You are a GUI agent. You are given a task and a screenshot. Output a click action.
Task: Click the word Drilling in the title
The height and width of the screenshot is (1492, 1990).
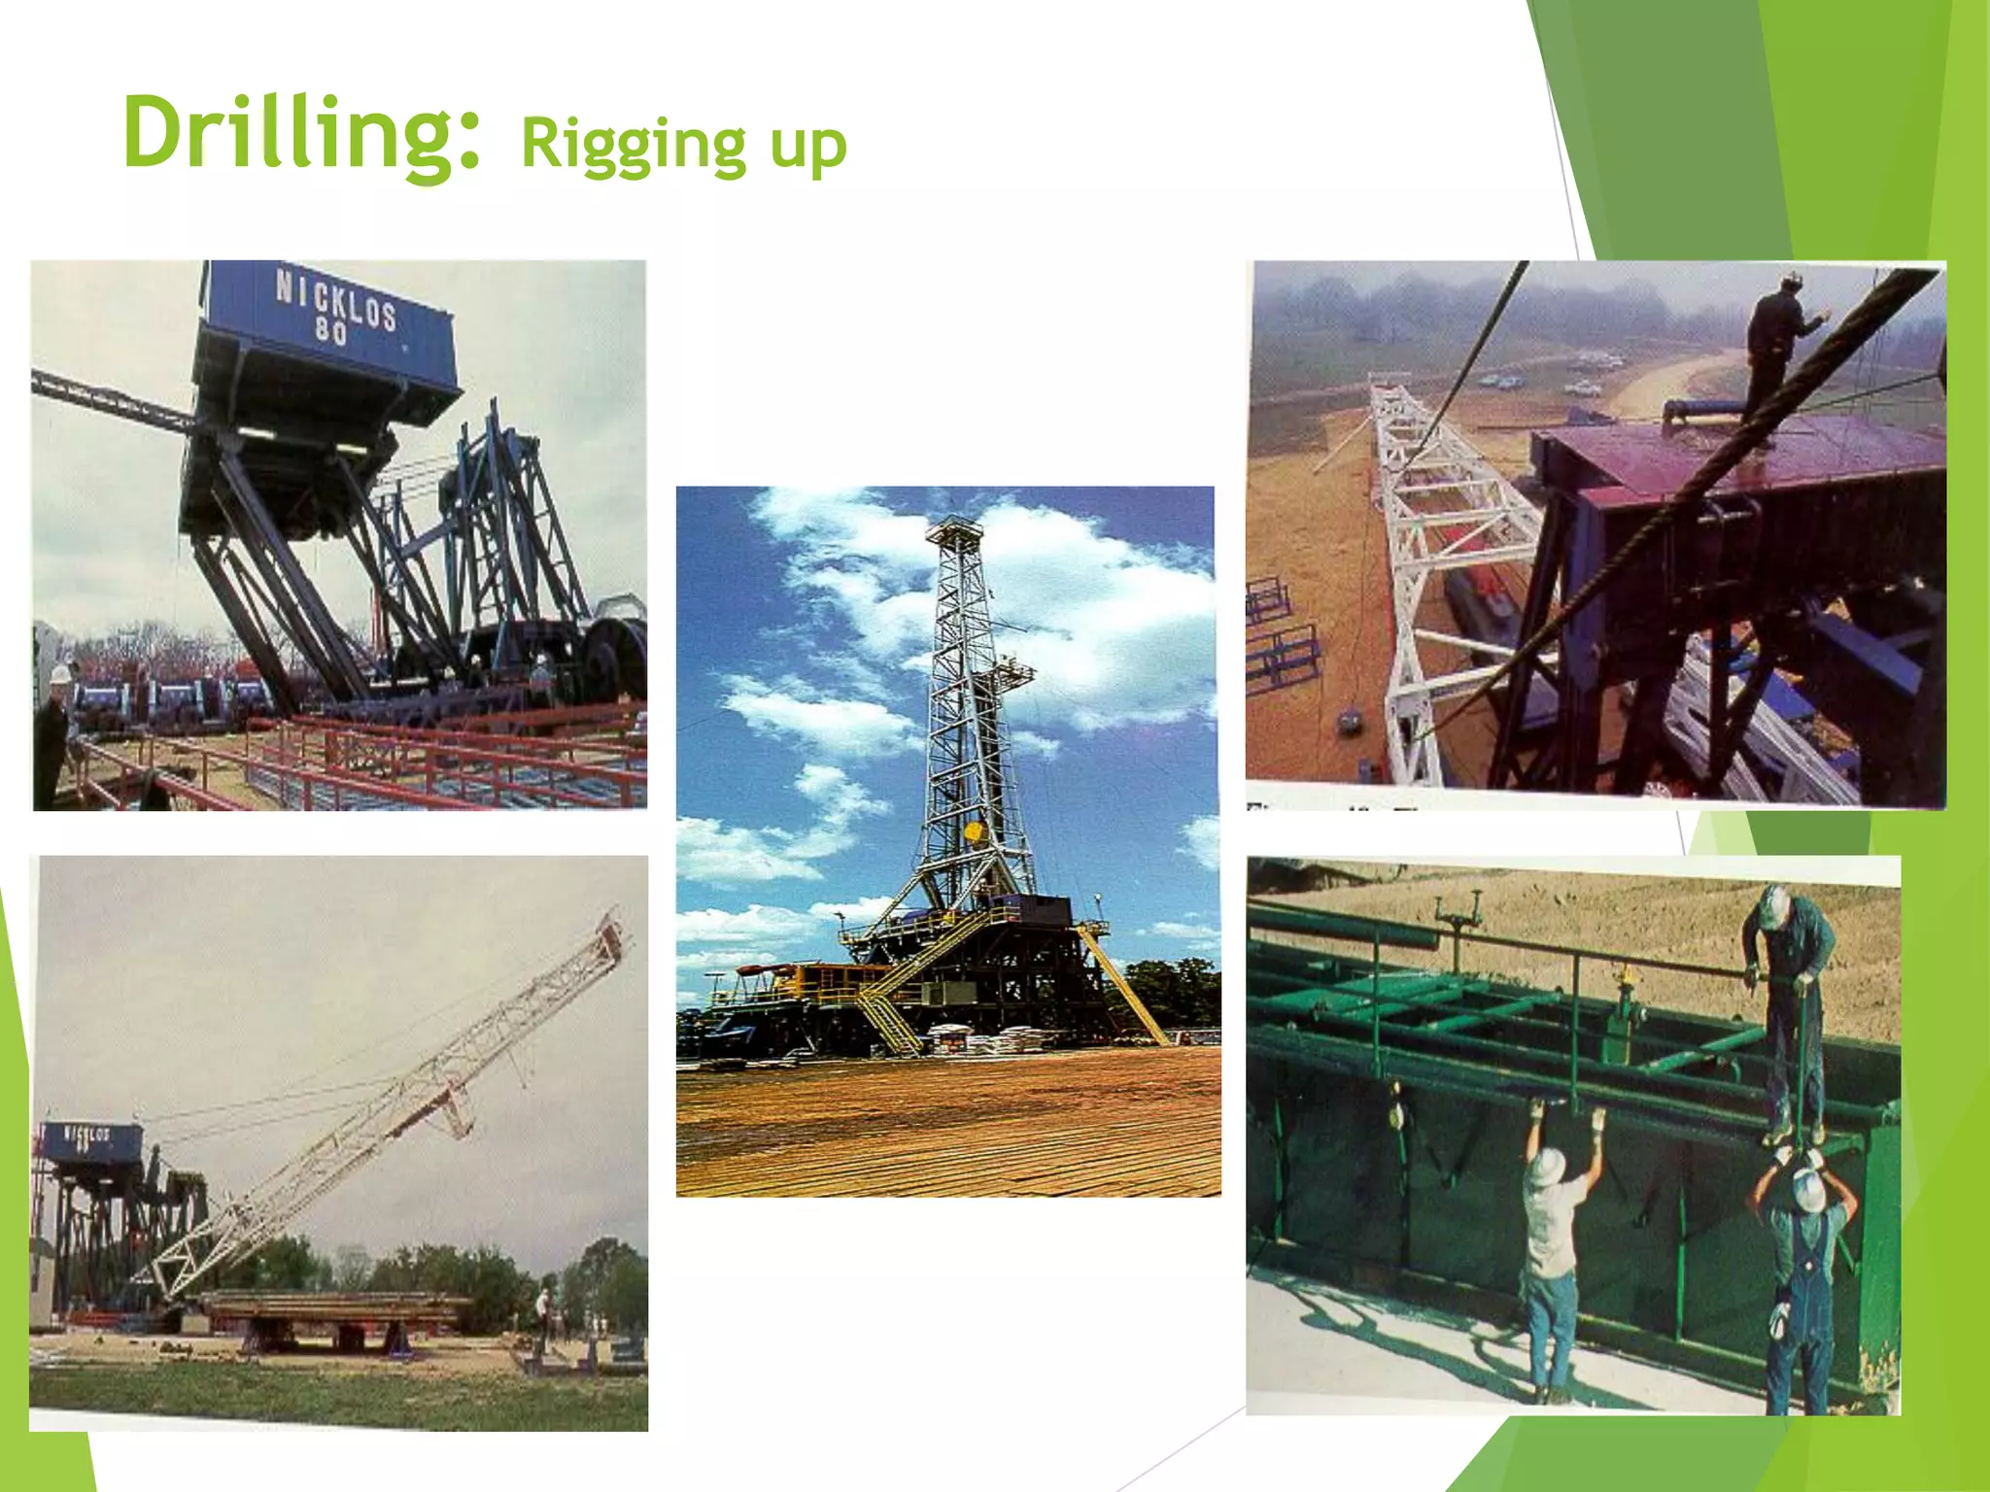[301, 134]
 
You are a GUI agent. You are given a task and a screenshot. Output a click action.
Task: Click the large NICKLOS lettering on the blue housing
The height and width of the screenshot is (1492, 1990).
[335, 299]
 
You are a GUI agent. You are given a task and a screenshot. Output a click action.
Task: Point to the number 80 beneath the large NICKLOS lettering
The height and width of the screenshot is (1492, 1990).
[330, 333]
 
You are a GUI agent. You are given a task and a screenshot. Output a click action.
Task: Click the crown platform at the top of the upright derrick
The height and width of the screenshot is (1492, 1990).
[954, 531]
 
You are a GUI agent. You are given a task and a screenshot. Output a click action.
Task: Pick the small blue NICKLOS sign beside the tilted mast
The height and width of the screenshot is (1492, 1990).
[88, 1138]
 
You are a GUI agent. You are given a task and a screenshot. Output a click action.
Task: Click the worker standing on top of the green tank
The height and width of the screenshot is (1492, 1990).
[1788, 1000]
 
